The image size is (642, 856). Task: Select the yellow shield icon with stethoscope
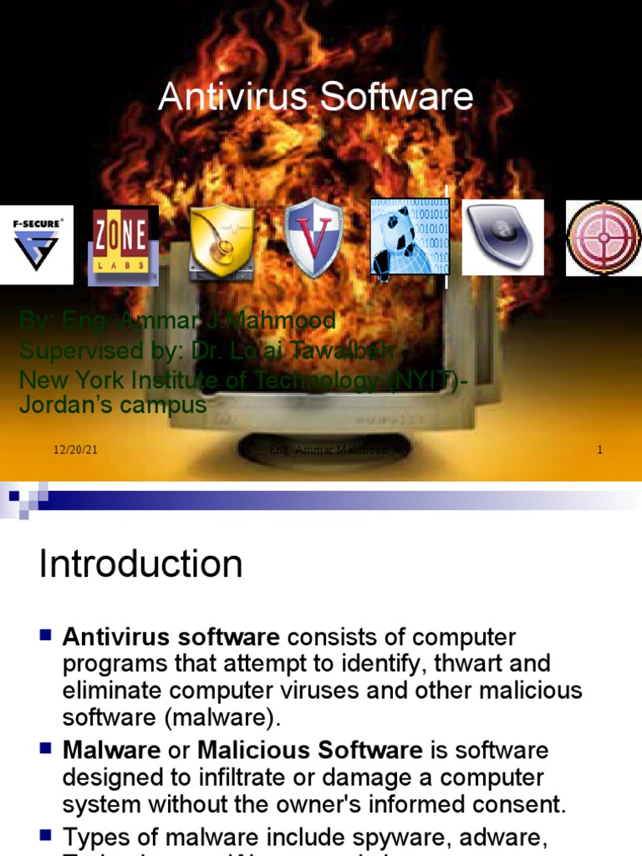coord(222,241)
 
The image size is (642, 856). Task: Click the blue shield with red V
coord(313,238)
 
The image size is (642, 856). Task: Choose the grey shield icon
coord(502,237)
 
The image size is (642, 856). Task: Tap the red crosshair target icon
coord(604,238)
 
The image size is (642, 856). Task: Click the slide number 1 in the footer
coord(599,451)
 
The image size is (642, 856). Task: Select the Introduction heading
coord(140,564)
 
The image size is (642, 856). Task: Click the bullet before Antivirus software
coord(46,634)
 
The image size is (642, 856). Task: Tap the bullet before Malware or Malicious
coord(46,746)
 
